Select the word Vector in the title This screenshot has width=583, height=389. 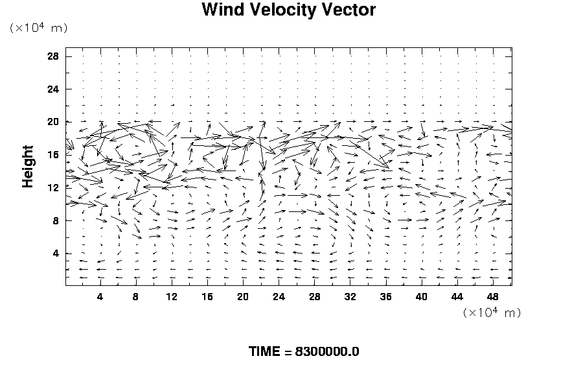350,10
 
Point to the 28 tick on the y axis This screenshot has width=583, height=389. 52,56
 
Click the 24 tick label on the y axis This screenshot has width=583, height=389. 52,89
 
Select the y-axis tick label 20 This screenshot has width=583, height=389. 52,122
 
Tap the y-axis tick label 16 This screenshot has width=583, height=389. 52,155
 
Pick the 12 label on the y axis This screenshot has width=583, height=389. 52,188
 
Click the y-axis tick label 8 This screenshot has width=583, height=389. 56,220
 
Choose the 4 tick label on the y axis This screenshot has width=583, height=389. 56,253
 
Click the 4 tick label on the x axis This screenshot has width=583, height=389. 100,297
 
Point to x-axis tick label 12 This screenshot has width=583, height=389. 172,297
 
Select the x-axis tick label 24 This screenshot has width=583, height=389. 279,297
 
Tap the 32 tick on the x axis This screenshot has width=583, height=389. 350,297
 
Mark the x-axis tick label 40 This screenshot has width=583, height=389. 421,297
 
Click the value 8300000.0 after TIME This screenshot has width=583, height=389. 326,352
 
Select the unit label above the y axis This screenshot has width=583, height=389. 39,28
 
